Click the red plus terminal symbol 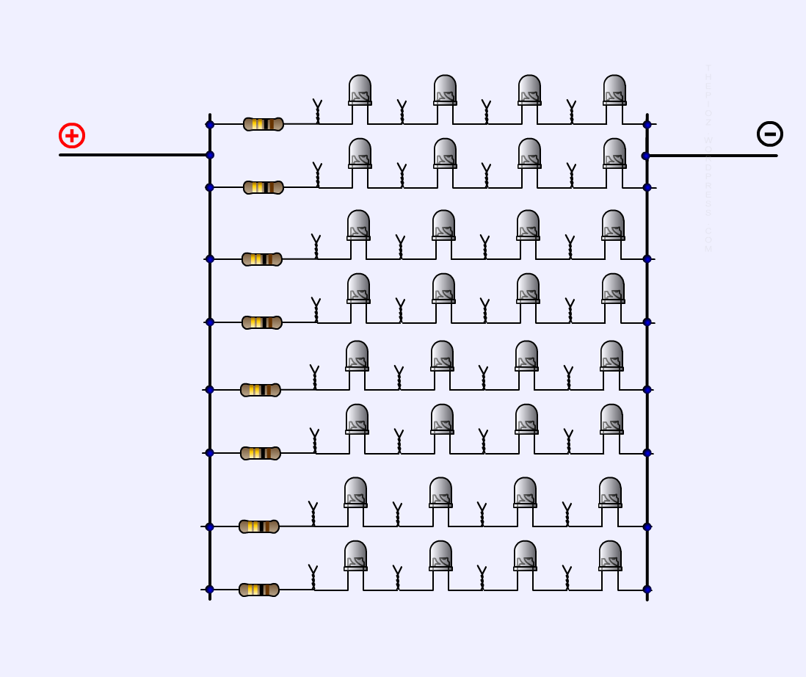tap(72, 136)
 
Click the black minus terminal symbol tap(769, 134)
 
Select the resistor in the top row tap(263, 124)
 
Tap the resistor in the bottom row tap(258, 590)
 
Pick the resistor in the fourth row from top tap(261, 322)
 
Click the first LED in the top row tap(360, 90)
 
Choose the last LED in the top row tap(614, 90)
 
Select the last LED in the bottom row tap(610, 555)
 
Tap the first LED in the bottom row tap(355, 555)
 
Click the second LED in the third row tap(443, 225)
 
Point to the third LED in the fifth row tap(526, 355)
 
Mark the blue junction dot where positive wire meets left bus tap(210, 155)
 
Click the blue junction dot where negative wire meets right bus tap(646, 156)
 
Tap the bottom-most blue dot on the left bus tap(210, 590)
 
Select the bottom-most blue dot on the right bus tap(647, 590)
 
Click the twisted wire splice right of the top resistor tap(317, 112)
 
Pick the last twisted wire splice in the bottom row tap(567, 577)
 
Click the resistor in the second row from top tap(263, 187)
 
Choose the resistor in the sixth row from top tap(260, 453)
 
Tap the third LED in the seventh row tap(525, 492)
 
